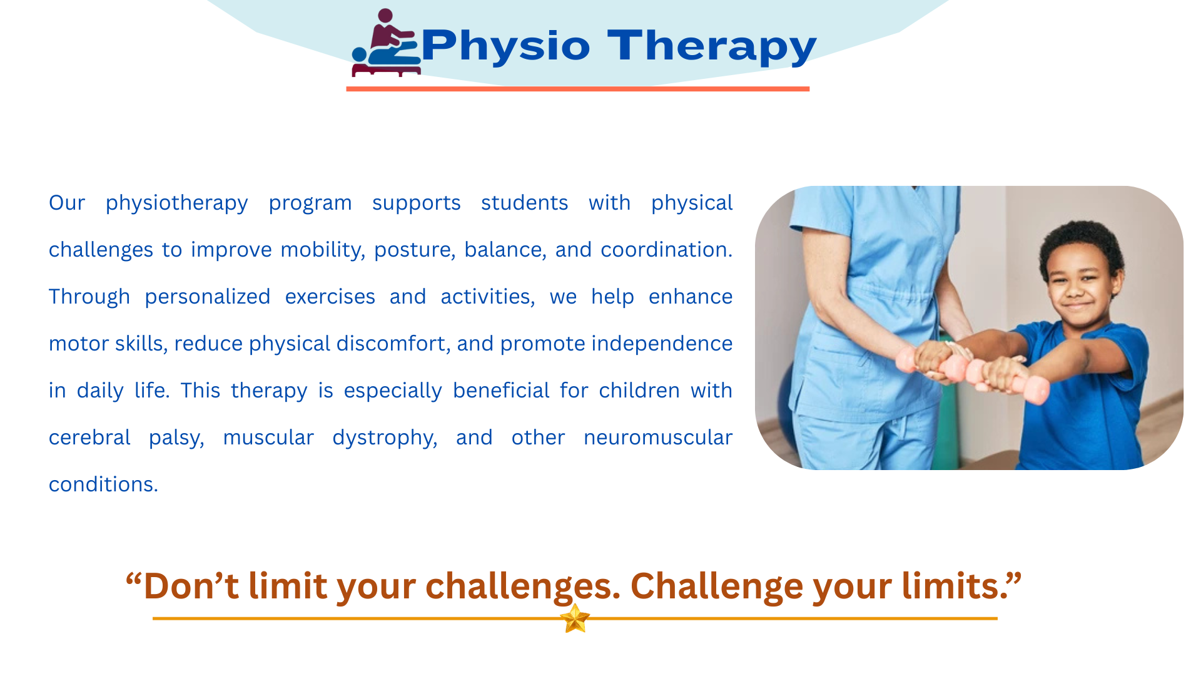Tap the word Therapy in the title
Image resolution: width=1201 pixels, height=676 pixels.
(x=712, y=46)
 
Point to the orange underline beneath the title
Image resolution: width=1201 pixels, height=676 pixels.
(x=577, y=89)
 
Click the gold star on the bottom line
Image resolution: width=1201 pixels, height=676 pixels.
(x=575, y=618)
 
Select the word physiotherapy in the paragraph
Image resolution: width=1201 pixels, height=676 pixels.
(x=176, y=203)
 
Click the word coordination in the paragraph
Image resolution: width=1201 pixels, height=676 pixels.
(x=666, y=250)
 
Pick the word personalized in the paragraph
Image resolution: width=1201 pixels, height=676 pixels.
(x=208, y=297)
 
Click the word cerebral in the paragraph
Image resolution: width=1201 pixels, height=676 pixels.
(x=89, y=438)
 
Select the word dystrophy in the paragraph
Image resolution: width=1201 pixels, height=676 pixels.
(x=385, y=438)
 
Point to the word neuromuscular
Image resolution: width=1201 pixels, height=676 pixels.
(x=658, y=438)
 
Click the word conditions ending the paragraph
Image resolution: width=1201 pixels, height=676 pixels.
(x=103, y=484)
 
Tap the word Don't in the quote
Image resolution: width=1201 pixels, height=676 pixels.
(x=191, y=586)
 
